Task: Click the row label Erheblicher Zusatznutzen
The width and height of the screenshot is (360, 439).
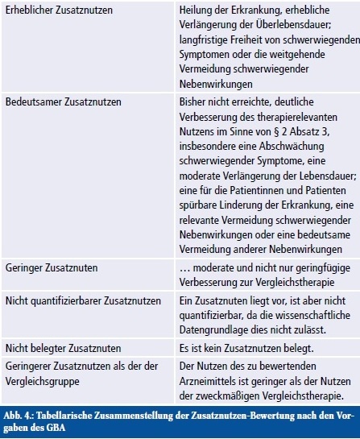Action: [x=59, y=11]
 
